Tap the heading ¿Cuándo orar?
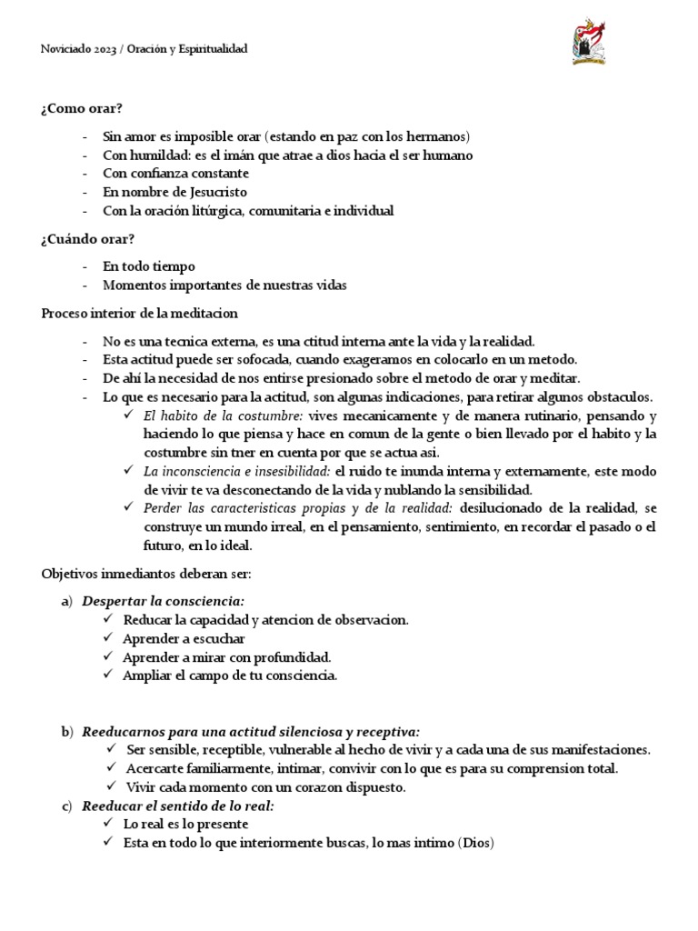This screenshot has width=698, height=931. coord(88,239)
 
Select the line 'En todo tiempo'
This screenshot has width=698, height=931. coord(149,266)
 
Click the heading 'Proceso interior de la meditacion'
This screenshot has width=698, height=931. coord(139,313)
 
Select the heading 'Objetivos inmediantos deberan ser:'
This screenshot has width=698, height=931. coord(138,574)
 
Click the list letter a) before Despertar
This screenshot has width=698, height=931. coord(66,601)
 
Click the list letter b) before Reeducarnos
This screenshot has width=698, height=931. coord(66,731)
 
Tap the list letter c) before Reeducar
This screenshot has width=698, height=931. coord(66,806)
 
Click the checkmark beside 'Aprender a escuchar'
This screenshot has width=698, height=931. coord(109,638)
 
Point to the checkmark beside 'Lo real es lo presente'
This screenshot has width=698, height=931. coord(109,825)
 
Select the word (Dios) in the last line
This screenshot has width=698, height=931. coord(474,843)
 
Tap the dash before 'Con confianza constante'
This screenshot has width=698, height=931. coord(85,174)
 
